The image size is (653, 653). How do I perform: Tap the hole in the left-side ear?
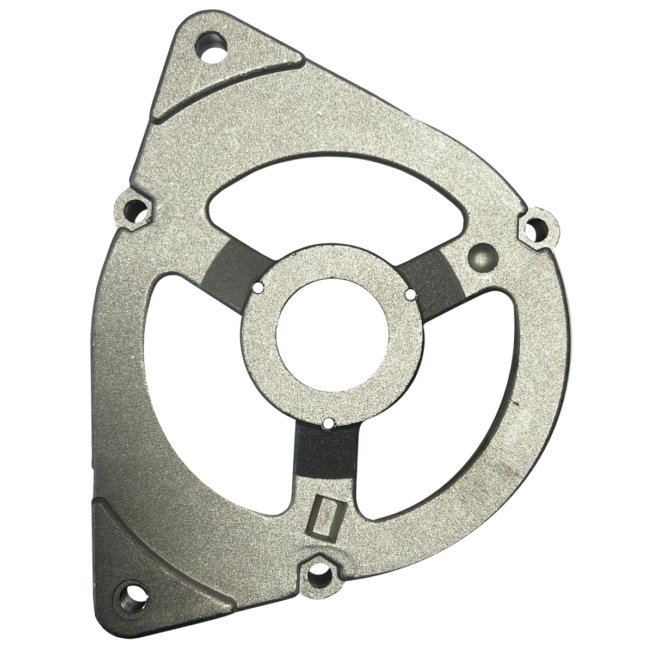(134, 210)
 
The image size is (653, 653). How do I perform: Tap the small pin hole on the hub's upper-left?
(258, 286)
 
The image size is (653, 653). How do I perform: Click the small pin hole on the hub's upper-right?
(411, 294)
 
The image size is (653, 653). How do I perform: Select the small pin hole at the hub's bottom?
(328, 422)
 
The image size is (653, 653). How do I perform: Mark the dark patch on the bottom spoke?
(325, 452)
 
